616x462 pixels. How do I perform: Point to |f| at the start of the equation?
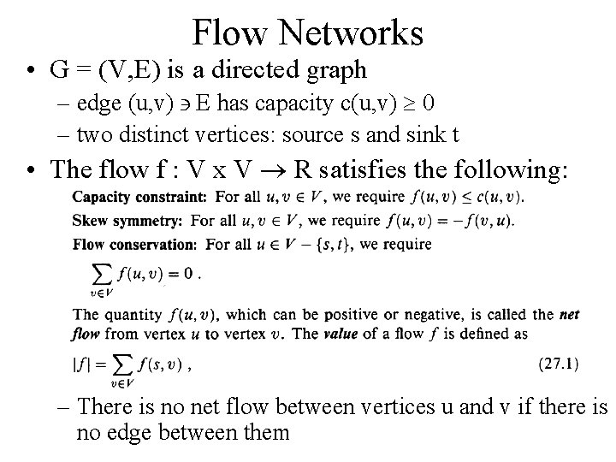click(80, 364)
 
